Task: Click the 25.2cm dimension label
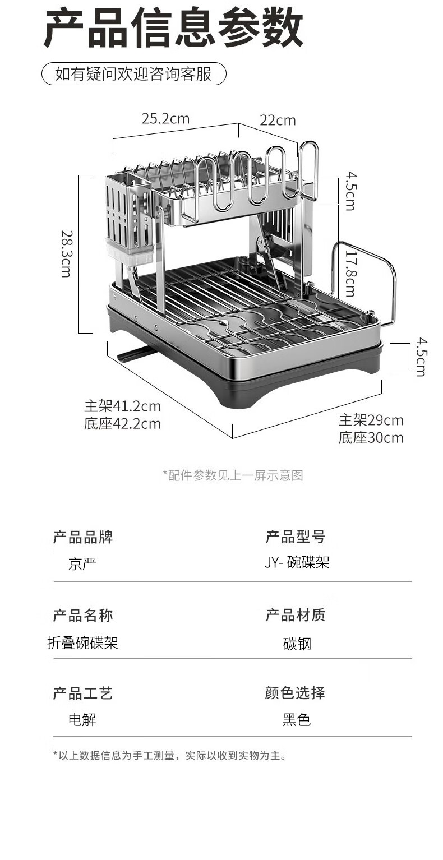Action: [165, 119]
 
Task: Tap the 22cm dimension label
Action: [278, 121]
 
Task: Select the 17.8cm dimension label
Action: [350, 273]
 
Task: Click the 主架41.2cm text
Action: [122, 406]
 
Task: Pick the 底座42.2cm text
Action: [122, 424]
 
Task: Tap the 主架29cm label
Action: [371, 420]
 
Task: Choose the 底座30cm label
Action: [371, 438]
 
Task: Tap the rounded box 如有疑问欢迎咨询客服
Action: [133, 74]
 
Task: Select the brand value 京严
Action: [82, 563]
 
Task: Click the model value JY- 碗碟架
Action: [297, 562]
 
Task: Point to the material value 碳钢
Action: [297, 644]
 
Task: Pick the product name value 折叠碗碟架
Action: [82, 642]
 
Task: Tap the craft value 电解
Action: [82, 719]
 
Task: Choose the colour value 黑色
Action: [297, 719]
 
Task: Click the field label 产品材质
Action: [295, 615]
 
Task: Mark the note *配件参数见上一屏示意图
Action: [233, 475]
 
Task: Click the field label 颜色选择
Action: [295, 693]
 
